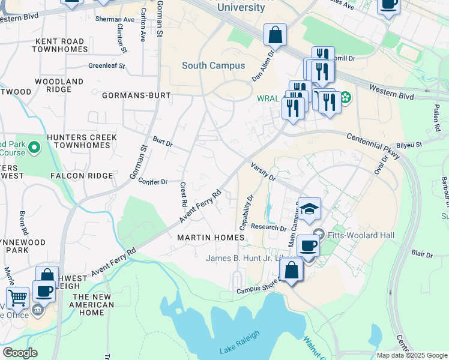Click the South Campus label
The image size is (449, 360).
point(213,65)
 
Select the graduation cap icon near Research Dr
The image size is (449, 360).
point(309,209)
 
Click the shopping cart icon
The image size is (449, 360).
point(17,297)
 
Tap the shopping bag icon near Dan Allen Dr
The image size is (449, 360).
point(275,35)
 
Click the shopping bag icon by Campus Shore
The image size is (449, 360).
point(291,270)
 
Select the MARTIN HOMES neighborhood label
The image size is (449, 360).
point(211,238)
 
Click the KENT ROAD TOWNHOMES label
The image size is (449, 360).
point(60,45)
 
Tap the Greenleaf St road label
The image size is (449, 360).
point(106,66)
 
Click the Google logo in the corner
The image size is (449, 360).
point(20,353)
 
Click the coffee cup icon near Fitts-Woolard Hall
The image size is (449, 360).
point(309,245)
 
